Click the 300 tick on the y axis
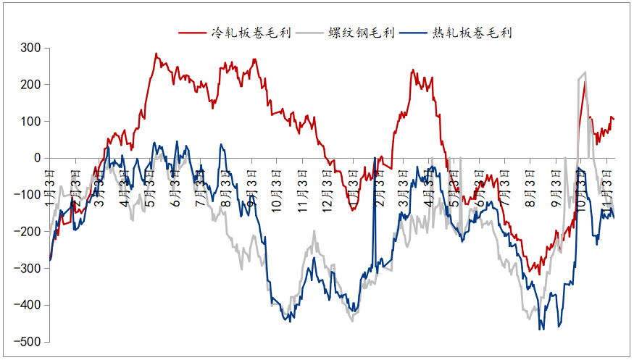click(30, 49)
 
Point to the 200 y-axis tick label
click(30, 85)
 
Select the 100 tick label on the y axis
click(30, 122)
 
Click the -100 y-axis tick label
click(28, 195)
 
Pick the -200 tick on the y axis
click(28, 232)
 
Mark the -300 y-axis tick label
click(28, 268)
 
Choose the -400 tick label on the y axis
click(28, 305)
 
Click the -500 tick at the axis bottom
click(28, 342)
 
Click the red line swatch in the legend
click(193, 33)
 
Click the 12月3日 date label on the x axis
click(328, 190)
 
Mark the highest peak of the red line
click(156, 54)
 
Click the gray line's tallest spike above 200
click(585, 72)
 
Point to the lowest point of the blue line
click(541, 330)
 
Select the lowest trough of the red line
click(538, 274)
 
